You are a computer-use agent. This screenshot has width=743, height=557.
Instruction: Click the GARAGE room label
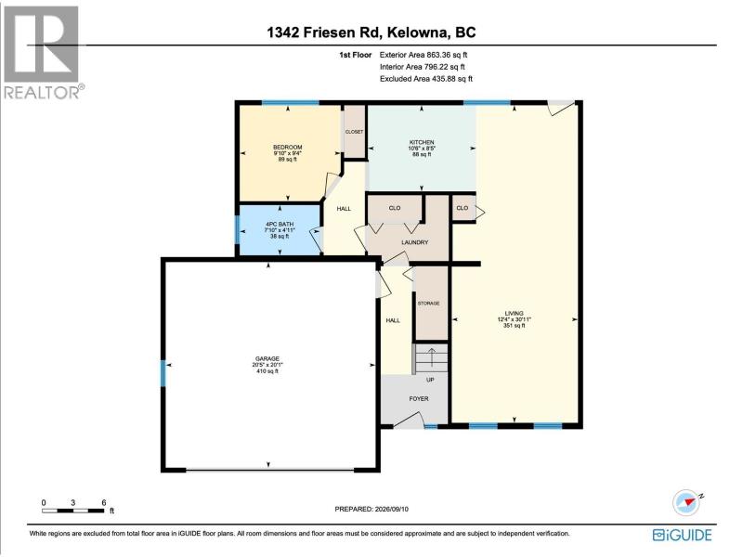267,359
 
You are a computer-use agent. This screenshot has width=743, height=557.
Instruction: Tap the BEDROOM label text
287,148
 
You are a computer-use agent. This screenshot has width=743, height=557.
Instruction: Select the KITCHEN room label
422,142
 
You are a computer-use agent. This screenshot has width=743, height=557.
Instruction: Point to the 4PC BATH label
280,224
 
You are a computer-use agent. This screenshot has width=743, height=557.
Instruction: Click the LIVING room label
515,313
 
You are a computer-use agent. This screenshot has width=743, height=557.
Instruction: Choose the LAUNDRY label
414,242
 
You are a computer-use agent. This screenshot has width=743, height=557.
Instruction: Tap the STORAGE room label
428,304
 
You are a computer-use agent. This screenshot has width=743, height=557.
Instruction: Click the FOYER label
419,399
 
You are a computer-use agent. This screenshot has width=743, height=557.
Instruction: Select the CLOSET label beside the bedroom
354,132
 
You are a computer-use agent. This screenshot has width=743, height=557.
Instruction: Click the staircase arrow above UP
431,357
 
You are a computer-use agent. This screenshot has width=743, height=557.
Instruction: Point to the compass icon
686,503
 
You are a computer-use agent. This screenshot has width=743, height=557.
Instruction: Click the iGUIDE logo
682,535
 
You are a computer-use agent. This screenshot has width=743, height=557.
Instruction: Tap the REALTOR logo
43,53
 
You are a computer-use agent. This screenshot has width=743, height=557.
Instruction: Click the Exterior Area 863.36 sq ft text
424,55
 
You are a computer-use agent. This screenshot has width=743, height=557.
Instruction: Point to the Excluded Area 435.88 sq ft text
426,79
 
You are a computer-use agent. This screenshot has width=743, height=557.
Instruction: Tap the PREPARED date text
371,509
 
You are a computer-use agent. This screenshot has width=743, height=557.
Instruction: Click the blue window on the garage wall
163,373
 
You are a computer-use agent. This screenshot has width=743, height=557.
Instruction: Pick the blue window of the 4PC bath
238,229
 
